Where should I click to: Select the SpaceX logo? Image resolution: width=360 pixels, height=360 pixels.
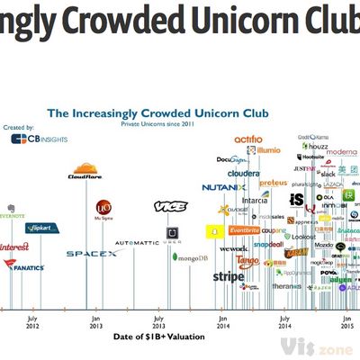tap(91, 254)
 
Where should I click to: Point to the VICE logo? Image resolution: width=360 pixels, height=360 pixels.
tap(170, 206)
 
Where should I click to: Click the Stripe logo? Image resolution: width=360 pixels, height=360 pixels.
tap(228, 277)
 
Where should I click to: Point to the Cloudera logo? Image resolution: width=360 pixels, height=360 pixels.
tap(244, 173)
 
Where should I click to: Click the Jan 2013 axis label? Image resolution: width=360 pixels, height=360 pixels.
tap(95, 321)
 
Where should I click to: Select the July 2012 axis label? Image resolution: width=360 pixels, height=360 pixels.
tap(32, 321)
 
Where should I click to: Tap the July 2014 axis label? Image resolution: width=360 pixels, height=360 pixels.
tap(285, 321)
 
